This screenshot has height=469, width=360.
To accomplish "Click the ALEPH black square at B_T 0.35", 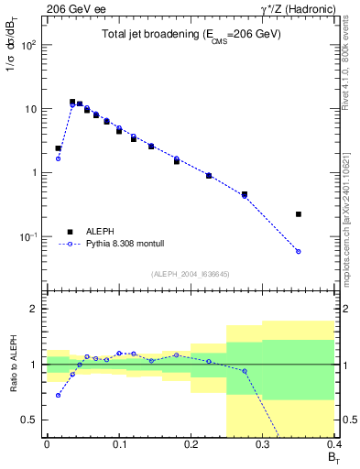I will [x=299, y=214].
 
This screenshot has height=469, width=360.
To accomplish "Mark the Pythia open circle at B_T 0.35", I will [x=299, y=251].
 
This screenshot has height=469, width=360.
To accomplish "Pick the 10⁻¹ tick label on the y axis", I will [x=30, y=237].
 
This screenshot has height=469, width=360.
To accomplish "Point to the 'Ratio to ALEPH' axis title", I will [x=14, y=364].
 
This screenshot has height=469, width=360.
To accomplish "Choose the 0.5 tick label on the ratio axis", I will [x=31, y=420].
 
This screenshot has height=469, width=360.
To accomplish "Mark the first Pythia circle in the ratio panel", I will [x=59, y=396].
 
